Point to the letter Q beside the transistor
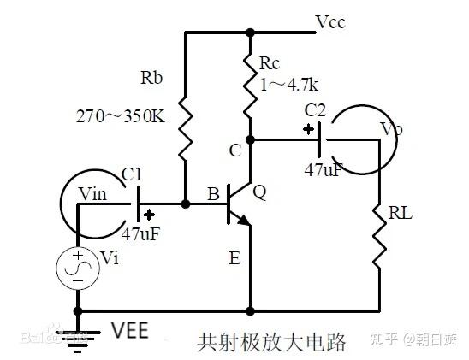(x=259, y=193)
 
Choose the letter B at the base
(x=212, y=195)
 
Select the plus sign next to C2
(x=306, y=130)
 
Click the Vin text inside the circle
(x=92, y=196)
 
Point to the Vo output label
(x=391, y=131)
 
